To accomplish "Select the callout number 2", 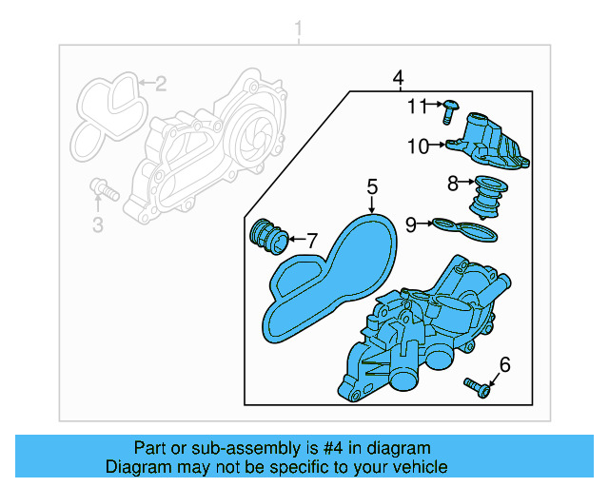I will pyautogui.click(x=161, y=84).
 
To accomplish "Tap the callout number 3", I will pyautogui.click(x=97, y=224).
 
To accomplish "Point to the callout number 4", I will pyautogui.click(x=398, y=77).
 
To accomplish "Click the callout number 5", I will pyautogui.click(x=372, y=186).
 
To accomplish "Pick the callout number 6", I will pyautogui.click(x=504, y=363).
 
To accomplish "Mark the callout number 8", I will pyautogui.click(x=453, y=182).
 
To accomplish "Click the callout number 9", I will pyautogui.click(x=411, y=224).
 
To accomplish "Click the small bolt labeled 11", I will pyautogui.click(x=450, y=110).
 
